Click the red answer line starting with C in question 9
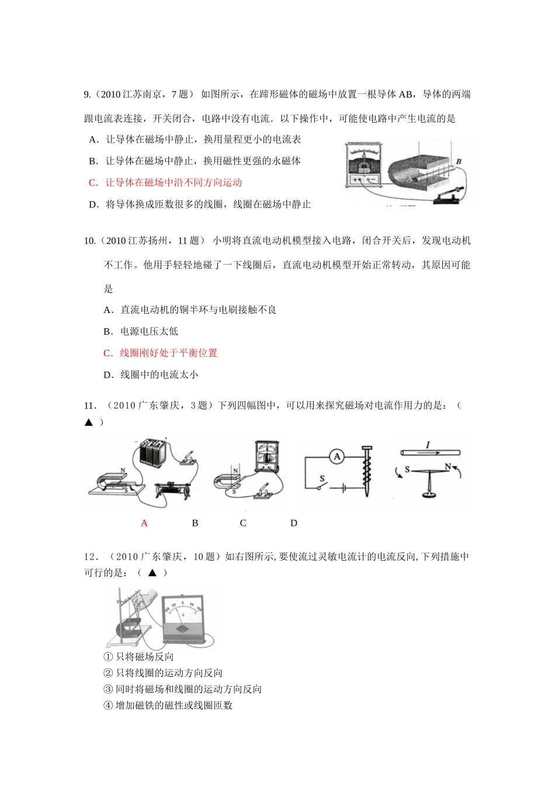tap(165, 183)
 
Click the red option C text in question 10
tap(161, 353)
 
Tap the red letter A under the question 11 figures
tap(144, 523)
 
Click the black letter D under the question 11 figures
tap(294, 523)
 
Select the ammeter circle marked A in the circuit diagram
tap(337, 457)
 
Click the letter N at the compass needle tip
tap(448, 466)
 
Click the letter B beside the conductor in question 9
tap(459, 162)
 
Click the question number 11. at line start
tap(89, 406)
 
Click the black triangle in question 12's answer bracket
tap(152, 573)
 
